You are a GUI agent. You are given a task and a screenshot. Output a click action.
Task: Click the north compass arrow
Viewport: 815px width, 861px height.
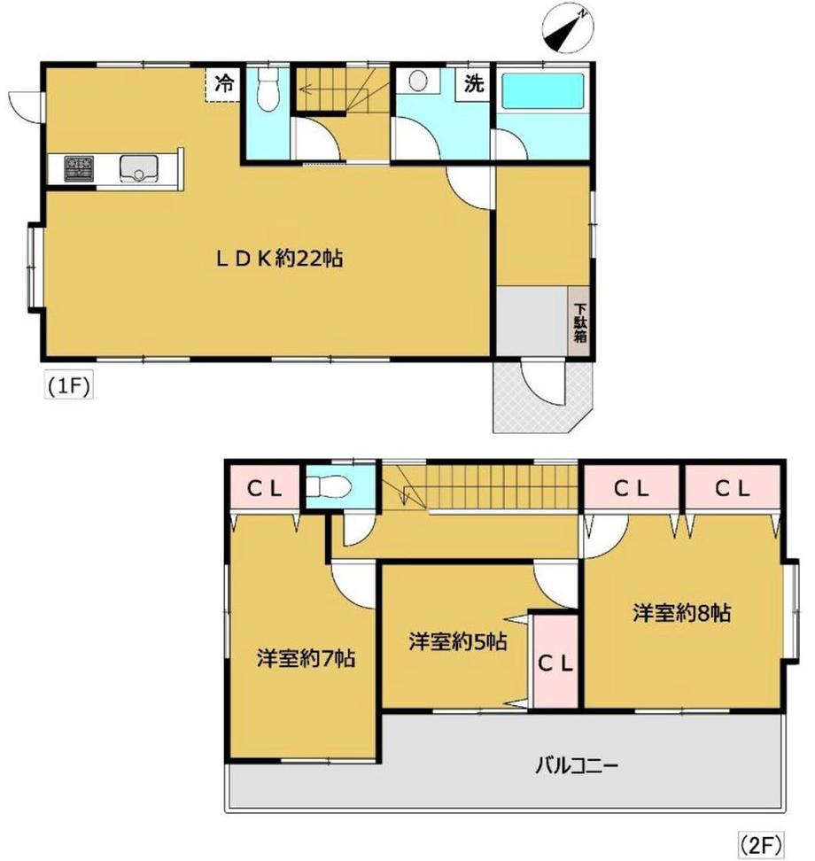567,27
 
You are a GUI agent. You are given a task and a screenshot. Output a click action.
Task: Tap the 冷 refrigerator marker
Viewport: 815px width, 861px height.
225,84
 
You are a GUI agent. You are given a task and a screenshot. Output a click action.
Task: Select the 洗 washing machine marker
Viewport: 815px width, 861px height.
474,85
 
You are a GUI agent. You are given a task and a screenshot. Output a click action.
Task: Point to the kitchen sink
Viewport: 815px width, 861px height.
138,167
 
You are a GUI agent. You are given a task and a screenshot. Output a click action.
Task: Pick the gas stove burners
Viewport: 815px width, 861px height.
78,167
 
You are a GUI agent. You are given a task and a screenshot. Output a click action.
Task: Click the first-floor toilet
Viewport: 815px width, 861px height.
267,89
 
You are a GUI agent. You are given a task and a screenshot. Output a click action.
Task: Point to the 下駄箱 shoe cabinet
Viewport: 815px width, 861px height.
579,323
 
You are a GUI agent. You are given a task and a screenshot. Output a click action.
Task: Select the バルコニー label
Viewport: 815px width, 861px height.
577,764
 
